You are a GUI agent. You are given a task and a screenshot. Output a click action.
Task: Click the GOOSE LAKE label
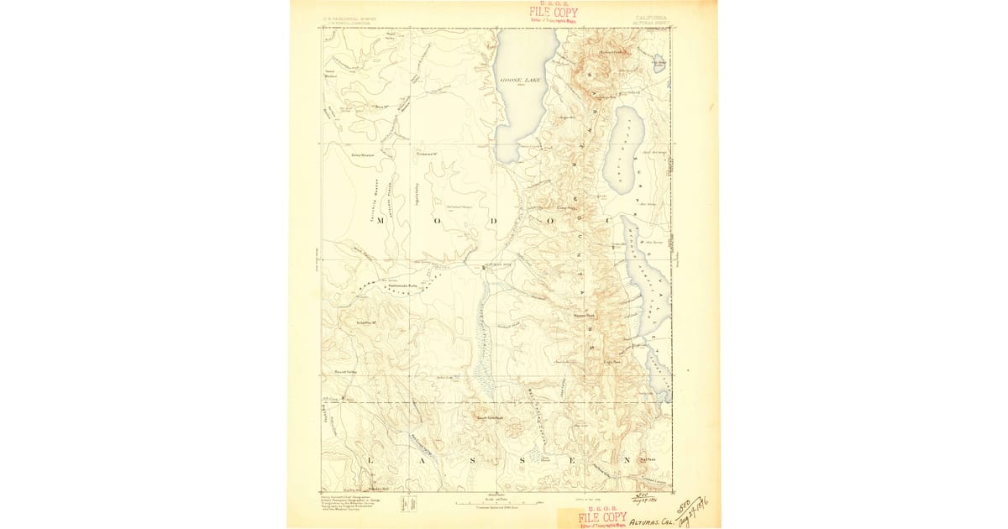(x=521, y=79)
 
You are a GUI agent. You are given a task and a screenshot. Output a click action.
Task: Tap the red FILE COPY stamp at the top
(x=553, y=12)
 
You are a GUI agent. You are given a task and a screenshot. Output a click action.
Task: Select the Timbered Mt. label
(x=428, y=154)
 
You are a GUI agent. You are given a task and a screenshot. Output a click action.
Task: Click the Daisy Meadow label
(x=339, y=155)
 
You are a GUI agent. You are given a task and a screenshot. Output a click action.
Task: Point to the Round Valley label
(x=347, y=370)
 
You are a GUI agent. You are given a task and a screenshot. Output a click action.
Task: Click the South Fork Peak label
(x=489, y=417)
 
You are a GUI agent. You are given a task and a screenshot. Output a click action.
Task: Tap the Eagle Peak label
(x=612, y=362)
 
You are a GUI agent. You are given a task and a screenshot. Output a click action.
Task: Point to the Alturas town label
(x=496, y=264)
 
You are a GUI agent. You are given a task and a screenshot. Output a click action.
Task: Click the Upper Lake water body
(x=622, y=147)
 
